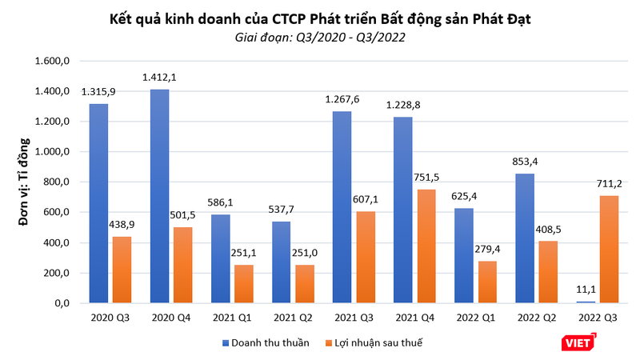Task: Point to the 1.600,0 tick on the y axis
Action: (54, 61)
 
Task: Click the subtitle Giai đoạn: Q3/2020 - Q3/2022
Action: (319, 37)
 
